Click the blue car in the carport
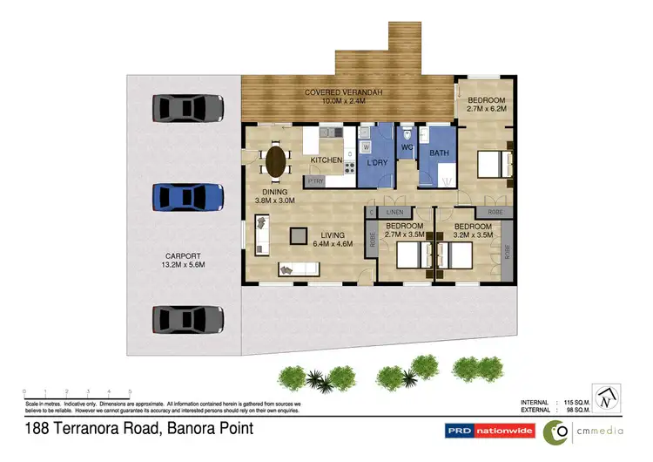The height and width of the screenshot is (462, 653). [x=187, y=196]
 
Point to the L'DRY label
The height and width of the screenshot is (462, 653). [x=377, y=163]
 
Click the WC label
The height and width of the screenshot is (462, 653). [x=406, y=146]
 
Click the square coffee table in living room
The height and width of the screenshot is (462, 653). [x=299, y=234]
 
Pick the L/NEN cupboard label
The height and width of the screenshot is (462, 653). [x=396, y=212]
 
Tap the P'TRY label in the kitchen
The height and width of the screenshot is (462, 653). [x=314, y=180]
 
